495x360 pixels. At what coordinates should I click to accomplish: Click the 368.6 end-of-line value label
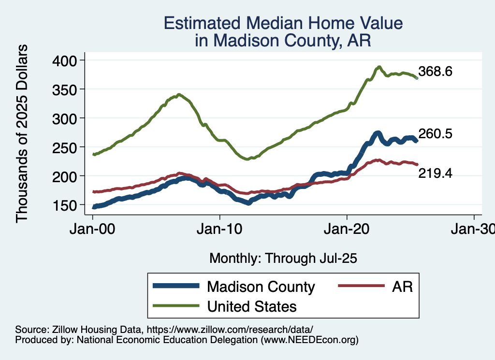(435, 72)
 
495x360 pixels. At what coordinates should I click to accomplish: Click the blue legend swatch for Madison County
(176, 286)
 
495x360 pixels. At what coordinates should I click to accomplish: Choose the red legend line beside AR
(358, 286)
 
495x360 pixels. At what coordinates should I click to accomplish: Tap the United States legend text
(251, 306)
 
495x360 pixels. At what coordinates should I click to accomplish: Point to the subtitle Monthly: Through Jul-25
(283, 259)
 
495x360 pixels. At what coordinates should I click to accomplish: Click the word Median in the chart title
(273, 24)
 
